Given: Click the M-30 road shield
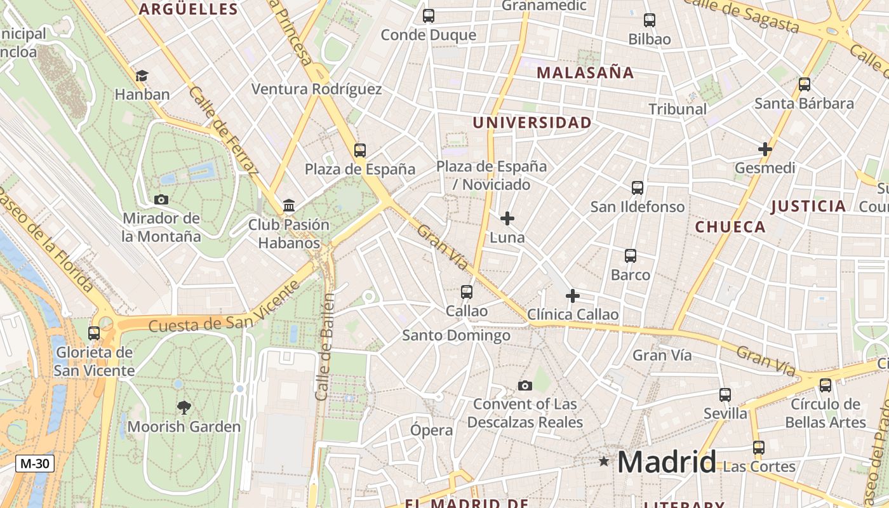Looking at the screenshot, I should pyautogui.click(x=34, y=464).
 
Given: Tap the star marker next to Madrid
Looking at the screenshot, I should pyautogui.click(x=604, y=462).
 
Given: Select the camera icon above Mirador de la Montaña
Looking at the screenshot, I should pyautogui.click(x=161, y=199).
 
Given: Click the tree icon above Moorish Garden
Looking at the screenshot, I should pyautogui.click(x=184, y=407).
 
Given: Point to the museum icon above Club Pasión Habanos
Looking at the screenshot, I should pyautogui.click(x=289, y=205).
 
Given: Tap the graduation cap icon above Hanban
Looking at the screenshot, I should pyautogui.click(x=142, y=76).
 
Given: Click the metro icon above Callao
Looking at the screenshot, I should pyautogui.click(x=467, y=292).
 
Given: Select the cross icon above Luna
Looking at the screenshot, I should pyautogui.click(x=507, y=219).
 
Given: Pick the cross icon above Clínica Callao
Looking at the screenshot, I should pyautogui.click(x=573, y=296).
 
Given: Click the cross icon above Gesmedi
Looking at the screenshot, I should pyautogui.click(x=765, y=150).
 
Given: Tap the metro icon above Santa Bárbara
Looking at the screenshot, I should pyautogui.click(x=805, y=84).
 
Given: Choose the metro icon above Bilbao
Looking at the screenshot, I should pyautogui.click(x=650, y=20).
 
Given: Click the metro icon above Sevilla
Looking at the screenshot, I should pyautogui.click(x=725, y=395).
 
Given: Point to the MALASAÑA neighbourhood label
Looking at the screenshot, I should pyautogui.click(x=585, y=72).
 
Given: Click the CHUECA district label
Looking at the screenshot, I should pyautogui.click(x=730, y=227).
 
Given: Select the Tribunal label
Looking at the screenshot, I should pyautogui.click(x=678, y=109).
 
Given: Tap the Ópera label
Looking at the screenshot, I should pyautogui.click(x=432, y=430).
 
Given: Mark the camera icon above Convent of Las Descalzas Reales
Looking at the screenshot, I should pyautogui.click(x=525, y=385).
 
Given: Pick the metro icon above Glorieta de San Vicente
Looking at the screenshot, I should pyautogui.click(x=94, y=333).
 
